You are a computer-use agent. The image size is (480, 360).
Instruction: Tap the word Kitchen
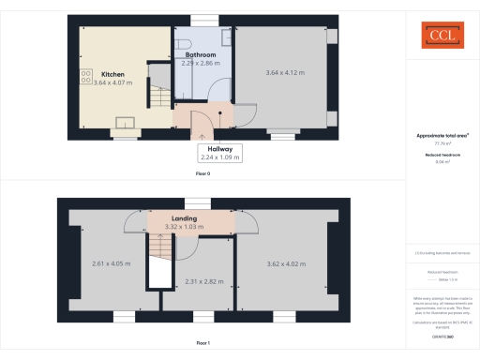coord(113,73)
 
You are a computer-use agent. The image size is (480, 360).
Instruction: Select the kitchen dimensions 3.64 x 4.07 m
coord(113,83)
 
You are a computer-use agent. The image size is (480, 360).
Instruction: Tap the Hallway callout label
coord(221,148)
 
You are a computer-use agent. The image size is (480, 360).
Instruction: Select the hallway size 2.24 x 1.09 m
coord(221,157)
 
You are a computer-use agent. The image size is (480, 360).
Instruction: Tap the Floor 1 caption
coord(203,344)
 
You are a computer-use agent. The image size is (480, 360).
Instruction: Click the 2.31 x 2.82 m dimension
coord(204,281)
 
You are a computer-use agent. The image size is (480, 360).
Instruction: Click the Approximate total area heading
coord(442,135)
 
